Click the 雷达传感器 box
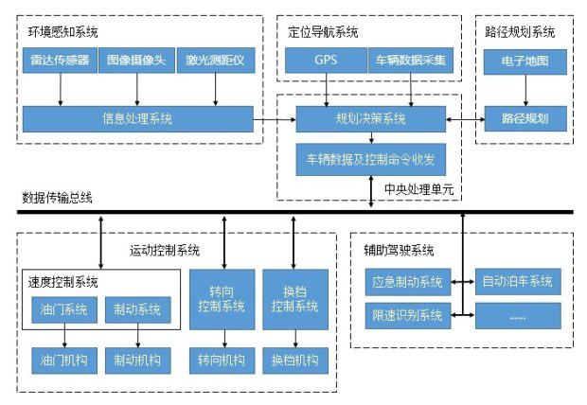click(x=61, y=61)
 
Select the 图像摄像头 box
click(x=135, y=61)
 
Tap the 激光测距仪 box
click(x=215, y=61)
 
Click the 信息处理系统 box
click(x=137, y=118)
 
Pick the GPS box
click(x=327, y=61)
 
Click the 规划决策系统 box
click(x=370, y=118)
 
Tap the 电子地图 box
click(x=524, y=61)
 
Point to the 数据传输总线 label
click(x=58, y=198)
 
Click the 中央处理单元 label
click(x=418, y=189)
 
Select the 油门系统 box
click(x=63, y=309)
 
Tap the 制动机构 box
click(x=137, y=360)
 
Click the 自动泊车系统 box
click(x=516, y=282)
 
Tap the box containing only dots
click(x=516, y=315)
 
